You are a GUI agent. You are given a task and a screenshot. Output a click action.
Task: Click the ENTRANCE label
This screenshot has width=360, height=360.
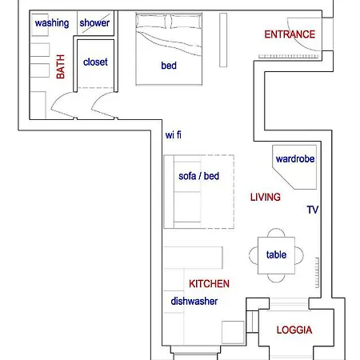pos(290,34)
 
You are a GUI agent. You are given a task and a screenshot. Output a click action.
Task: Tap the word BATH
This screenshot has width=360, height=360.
pos(61,66)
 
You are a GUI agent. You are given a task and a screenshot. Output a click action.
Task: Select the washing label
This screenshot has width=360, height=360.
pos(51,23)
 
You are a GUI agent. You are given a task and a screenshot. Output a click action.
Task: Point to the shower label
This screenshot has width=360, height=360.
pos(94,23)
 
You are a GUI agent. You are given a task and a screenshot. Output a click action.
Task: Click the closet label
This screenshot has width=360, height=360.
pos(94,62)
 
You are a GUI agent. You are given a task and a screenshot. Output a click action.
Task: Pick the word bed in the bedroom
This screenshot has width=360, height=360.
pos(169,66)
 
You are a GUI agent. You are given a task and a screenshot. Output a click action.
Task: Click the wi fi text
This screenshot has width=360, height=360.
pos(174,134)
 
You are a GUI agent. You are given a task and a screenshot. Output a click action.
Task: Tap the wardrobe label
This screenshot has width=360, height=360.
pos(295,159)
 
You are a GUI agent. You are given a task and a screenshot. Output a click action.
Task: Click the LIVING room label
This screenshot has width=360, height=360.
pos(265,197)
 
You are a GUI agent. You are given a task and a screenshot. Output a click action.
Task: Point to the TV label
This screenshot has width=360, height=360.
pos(313,210)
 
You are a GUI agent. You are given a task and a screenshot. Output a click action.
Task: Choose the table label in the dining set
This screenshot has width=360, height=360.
pos(277,255)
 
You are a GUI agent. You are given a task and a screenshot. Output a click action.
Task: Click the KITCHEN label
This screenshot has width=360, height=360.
pos(209,284)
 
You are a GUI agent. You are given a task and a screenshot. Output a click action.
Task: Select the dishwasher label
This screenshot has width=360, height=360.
pos(194,302)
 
